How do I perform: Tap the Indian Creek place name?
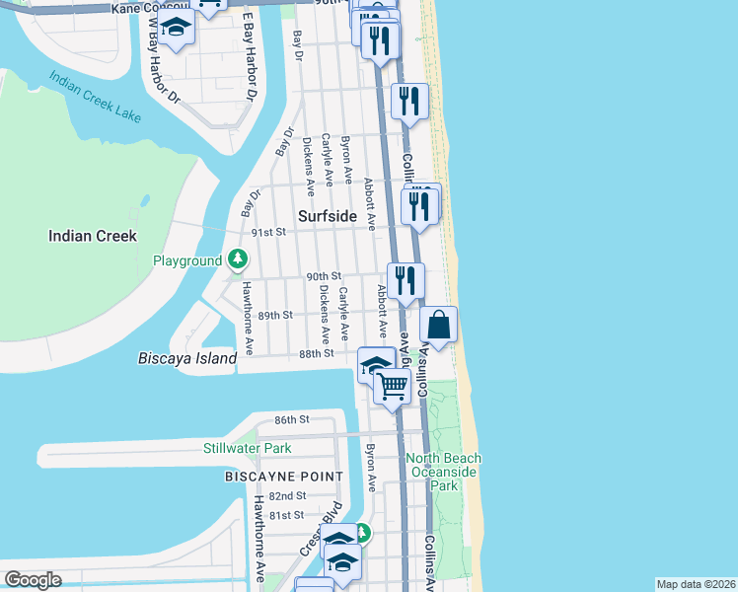(93, 236)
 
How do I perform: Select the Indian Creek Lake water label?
(97, 97)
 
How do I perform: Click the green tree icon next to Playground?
(237, 260)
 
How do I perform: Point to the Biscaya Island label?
(187, 359)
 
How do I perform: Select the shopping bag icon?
(439, 325)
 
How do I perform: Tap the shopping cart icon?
(393, 386)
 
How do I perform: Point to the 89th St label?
(275, 315)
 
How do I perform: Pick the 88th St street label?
(317, 352)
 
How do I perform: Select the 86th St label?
(292, 419)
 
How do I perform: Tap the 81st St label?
(286, 515)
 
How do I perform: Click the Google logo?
(33, 580)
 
